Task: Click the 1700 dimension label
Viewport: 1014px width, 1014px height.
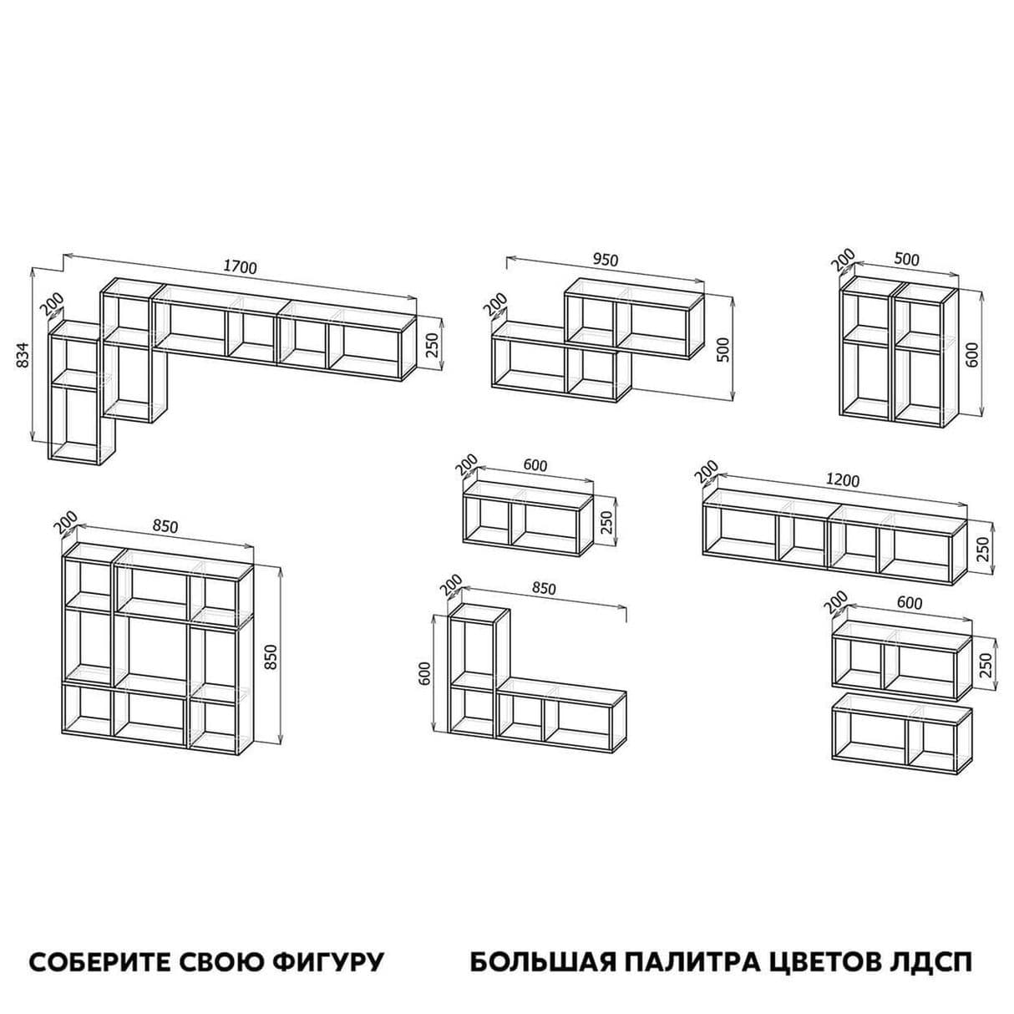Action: (x=240, y=267)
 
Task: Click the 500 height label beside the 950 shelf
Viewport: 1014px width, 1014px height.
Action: (x=723, y=349)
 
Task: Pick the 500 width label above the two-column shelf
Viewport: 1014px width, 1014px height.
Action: (x=906, y=260)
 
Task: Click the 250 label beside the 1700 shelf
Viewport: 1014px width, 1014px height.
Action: (x=432, y=343)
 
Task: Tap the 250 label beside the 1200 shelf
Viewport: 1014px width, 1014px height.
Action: (x=982, y=549)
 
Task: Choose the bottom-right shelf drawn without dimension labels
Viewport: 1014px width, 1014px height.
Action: (x=902, y=733)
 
